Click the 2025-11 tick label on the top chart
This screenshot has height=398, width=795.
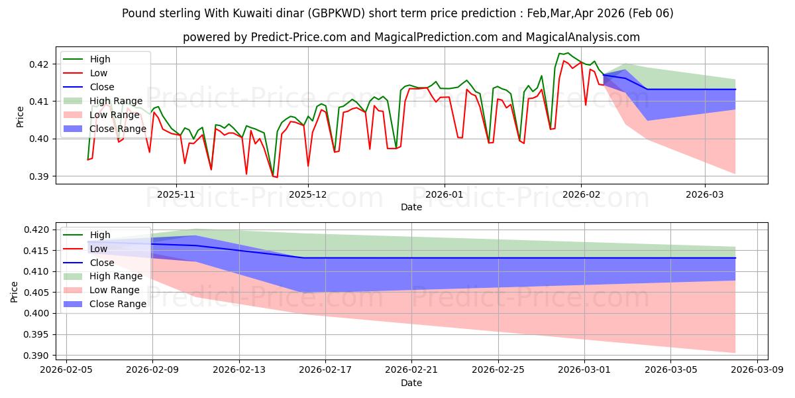[x=176, y=195]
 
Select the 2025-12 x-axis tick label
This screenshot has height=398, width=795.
[x=308, y=195]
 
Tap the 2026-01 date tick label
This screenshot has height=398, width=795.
[x=444, y=195]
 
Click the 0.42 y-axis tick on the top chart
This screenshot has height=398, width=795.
[x=38, y=64]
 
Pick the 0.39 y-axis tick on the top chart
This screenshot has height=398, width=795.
[x=38, y=176]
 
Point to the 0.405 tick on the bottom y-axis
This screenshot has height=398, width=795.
[x=36, y=293]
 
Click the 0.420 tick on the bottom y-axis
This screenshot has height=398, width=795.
[x=36, y=230]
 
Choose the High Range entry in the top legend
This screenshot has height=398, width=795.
[x=116, y=101]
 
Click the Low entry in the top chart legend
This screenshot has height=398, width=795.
[x=98, y=73]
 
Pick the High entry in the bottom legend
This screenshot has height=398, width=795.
[x=100, y=235]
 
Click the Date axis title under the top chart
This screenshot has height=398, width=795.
[x=411, y=207]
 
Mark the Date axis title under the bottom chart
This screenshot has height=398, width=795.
[x=411, y=383]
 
